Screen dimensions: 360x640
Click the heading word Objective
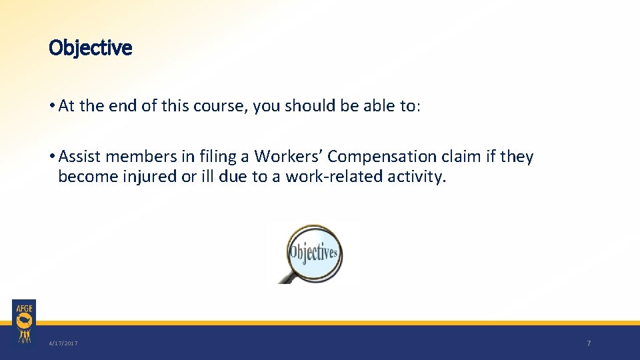pyautogui.click(x=91, y=48)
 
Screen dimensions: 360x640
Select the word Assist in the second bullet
pyautogui.click(x=80, y=157)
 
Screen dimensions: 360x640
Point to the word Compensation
pyautogui.click(x=381, y=157)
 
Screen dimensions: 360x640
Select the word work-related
pyautogui.click(x=336, y=177)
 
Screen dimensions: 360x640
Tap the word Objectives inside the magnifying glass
pyautogui.click(x=313, y=253)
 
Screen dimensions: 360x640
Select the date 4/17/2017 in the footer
pyautogui.click(x=63, y=343)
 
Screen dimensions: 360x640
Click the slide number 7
pyautogui.click(x=589, y=343)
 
